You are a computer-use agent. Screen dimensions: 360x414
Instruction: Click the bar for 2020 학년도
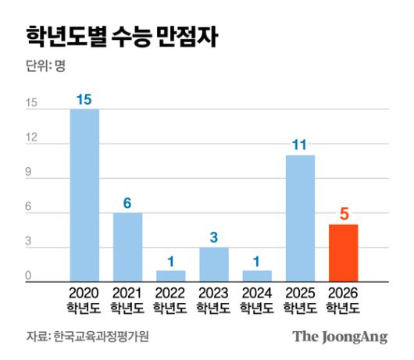[x=84, y=195]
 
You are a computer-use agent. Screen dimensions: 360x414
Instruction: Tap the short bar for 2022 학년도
[x=170, y=276]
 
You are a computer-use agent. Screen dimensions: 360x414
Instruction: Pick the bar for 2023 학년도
[x=213, y=264]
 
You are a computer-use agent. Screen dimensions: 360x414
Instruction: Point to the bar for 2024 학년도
[x=257, y=276]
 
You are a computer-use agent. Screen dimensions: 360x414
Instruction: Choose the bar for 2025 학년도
[x=300, y=218]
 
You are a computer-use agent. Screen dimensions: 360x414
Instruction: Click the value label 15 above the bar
[x=84, y=99]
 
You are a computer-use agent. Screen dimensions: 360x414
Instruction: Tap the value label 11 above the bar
[x=300, y=145]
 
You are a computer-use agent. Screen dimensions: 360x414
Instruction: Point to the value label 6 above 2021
[x=127, y=203]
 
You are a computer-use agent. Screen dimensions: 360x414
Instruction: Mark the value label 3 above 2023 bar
[x=213, y=237]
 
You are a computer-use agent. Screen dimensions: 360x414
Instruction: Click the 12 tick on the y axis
[x=32, y=137]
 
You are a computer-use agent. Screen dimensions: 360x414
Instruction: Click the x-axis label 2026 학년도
[x=343, y=301]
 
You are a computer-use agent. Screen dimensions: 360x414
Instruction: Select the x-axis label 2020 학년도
[x=84, y=301]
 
